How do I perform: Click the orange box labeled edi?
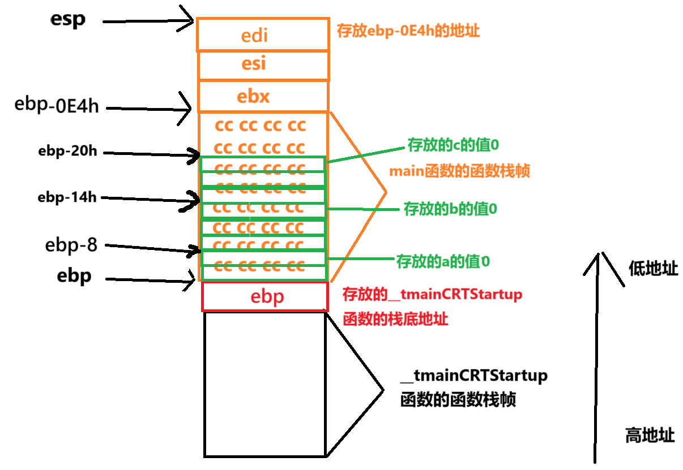click(262, 35)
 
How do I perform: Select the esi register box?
click(262, 64)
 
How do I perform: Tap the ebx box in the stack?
click(262, 97)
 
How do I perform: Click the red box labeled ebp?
click(265, 297)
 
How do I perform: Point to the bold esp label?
click(67, 20)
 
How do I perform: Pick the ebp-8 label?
click(71, 245)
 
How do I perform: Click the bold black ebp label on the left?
click(74, 277)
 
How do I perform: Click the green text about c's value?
click(453, 145)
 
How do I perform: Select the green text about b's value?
click(450, 209)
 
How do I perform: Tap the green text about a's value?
click(442, 261)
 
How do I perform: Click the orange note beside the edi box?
click(408, 31)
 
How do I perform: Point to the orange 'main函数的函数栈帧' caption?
click(459, 171)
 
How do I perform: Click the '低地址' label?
click(653, 269)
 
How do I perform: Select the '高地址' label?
click(650, 435)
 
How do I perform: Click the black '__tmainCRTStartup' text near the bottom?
click(473, 376)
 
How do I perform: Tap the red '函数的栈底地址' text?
click(395, 319)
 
